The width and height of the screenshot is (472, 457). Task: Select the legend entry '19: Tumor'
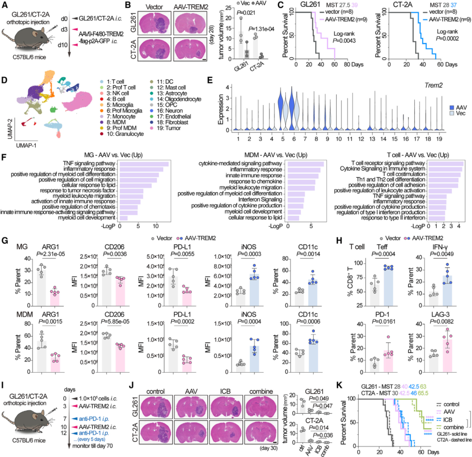[166, 128]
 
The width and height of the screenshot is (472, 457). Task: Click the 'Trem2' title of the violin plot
[433, 85]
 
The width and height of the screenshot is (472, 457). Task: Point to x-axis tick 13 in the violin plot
[372, 139]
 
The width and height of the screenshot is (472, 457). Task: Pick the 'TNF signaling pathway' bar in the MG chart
[144, 164]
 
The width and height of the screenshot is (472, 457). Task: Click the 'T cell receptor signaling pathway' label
[388, 163]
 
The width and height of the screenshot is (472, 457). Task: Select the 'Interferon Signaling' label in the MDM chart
[260, 200]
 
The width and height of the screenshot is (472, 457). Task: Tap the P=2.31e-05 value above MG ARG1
[51, 254]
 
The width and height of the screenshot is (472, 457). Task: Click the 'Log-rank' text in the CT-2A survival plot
[447, 32]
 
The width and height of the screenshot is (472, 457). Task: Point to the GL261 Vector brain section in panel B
[154, 23]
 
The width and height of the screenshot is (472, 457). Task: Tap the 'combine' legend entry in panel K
[451, 427]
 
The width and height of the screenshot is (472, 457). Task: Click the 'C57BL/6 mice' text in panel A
[29, 57]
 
